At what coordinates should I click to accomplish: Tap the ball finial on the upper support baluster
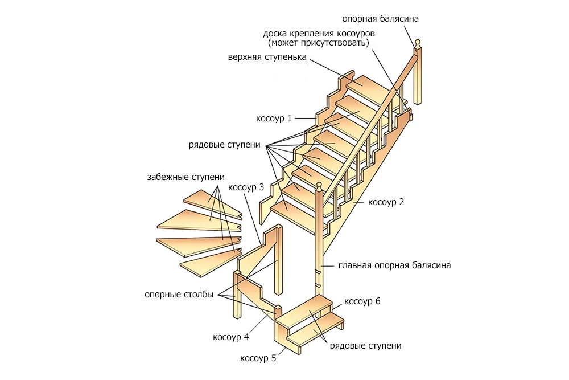tap(418, 42)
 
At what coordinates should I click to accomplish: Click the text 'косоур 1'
tap(274, 118)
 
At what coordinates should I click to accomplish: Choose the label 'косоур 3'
tap(246, 187)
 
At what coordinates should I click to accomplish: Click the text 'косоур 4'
tap(230, 337)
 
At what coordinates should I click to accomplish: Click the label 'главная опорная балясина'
tap(394, 265)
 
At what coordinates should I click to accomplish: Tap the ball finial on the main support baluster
tap(319, 185)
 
